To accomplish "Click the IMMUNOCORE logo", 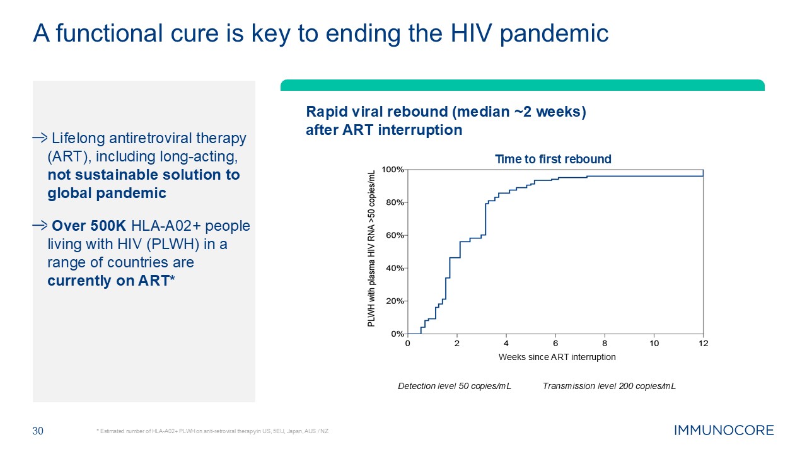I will (x=724, y=431).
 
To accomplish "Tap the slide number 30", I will (x=38, y=431).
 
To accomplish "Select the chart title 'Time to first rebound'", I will (x=553, y=159).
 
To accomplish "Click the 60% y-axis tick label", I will (x=395, y=235).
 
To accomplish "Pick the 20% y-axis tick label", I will (x=395, y=301).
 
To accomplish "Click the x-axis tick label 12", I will (x=704, y=344).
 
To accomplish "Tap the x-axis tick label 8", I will (x=605, y=344).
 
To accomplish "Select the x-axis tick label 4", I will (x=506, y=344).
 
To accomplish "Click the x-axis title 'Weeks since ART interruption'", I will (x=557, y=357).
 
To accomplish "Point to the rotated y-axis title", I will (x=371, y=248).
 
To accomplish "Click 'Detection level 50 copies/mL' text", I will (x=454, y=386).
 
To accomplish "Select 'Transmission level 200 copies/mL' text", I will (x=609, y=386).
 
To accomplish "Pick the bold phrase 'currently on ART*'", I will (x=110, y=281).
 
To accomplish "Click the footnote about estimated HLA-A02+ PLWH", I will (x=212, y=431).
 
